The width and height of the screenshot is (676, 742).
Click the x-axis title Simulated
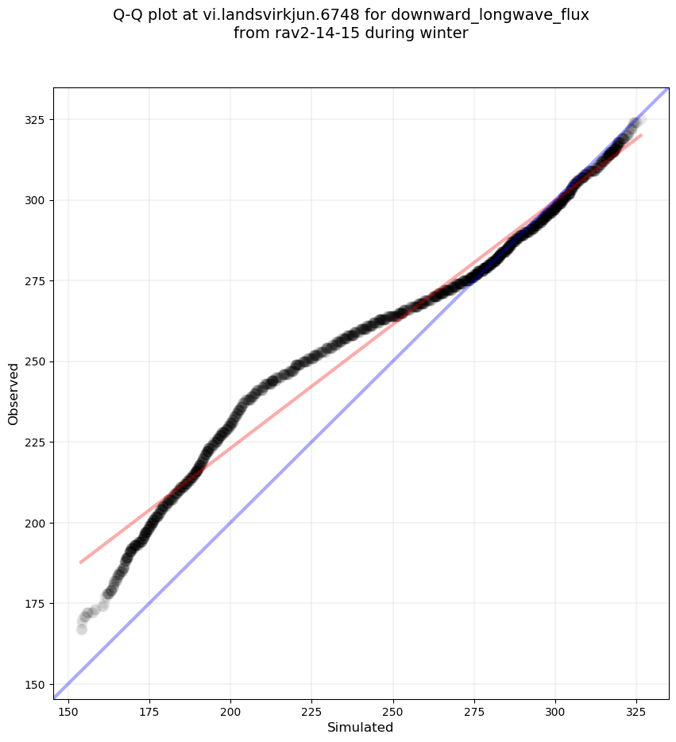tap(361, 727)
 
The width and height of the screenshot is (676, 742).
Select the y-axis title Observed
tap(14, 394)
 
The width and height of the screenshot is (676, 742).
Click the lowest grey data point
tap(81, 629)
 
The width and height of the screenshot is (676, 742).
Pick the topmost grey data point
tap(639, 120)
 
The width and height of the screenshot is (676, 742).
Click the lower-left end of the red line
tap(80, 562)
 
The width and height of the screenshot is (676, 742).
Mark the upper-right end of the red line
tap(641, 135)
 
